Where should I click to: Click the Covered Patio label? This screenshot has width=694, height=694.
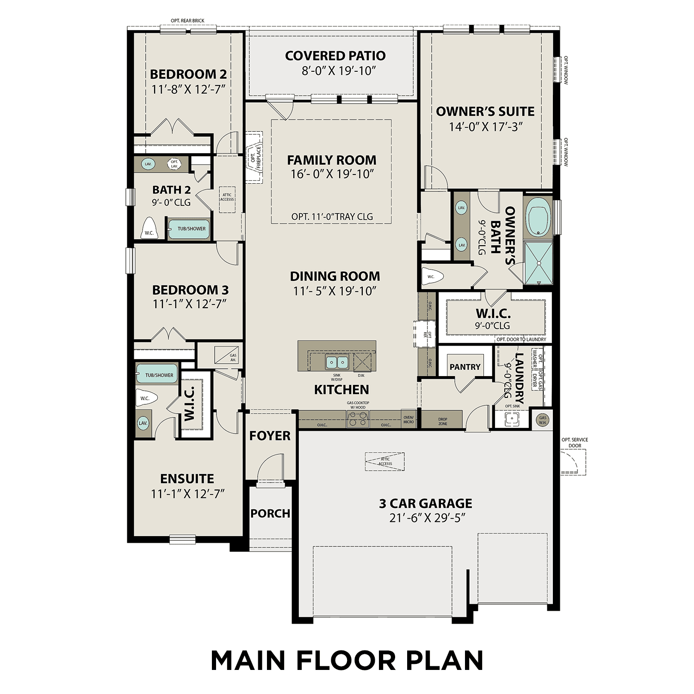pyautogui.click(x=335, y=56)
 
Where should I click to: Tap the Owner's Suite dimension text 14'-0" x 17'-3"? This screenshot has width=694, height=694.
pyautogui.click(x=485, y=127)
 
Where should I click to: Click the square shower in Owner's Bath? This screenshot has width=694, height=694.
pyautogui.click(x=538, y=263)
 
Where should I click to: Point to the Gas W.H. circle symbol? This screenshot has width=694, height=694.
pyautogui.click(x=542, y=420)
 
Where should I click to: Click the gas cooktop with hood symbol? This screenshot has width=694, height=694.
pyautogui.click(x=358, y=419)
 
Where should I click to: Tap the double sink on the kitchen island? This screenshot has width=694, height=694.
pyautogui.click(x=337, y=361)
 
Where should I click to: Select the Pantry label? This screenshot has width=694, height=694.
pyautogui.click(x=465, y=367)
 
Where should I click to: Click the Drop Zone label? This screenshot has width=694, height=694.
pyautogui.click(x=443, y=421)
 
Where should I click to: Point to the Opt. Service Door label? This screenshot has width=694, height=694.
pyautogui.click(x=575, y=443)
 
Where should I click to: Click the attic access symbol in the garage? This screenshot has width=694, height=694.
pyautogui.click(x=384, y=461)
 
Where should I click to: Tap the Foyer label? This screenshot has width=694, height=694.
pyautogui.click(x=270, y=436)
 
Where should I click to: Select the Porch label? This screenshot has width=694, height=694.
pyautogui.click(x=270, y=514)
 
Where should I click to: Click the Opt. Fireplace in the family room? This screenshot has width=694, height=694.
pyautogui.click(x=254, y=157)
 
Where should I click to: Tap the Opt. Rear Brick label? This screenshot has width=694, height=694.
pyautogui.click(x=187, y=21)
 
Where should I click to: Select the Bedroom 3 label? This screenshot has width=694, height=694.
pyautogui.click(x=190, y=290)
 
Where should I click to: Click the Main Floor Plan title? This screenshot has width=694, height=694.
pyautogui.click(x=347, y=661)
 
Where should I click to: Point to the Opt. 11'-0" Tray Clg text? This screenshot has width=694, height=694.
pyautogui.click(x=332, y=217)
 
